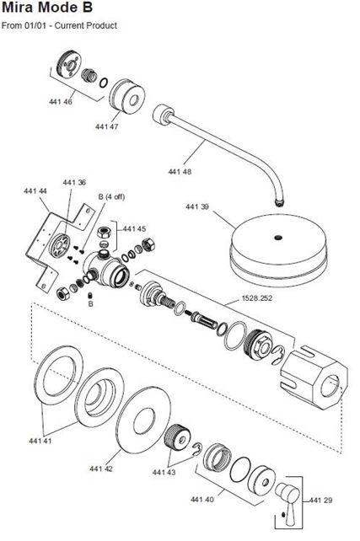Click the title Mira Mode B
(x=47, y=8)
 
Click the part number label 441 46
(x=61, y=102)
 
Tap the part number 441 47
(x=107, y=126)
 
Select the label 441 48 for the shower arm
(x=180, y=171)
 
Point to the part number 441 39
(x=197, y=206)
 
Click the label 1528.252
(x=257, y=297)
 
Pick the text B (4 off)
(x=111, y=196)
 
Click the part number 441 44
(x=35, y=190)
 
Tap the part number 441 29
(x=320, y=501)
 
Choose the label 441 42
(x=101, y=469)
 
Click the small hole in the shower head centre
(x=278, y=238)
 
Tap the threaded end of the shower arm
(x=280, y=202)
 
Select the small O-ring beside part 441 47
(x=103, y=83)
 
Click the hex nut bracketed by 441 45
(x=103, y=233)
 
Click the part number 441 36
(x=74, y=182)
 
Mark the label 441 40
(x=201, y=500)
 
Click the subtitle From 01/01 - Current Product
(x=59, y=25)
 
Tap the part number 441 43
(x=164, y=472)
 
